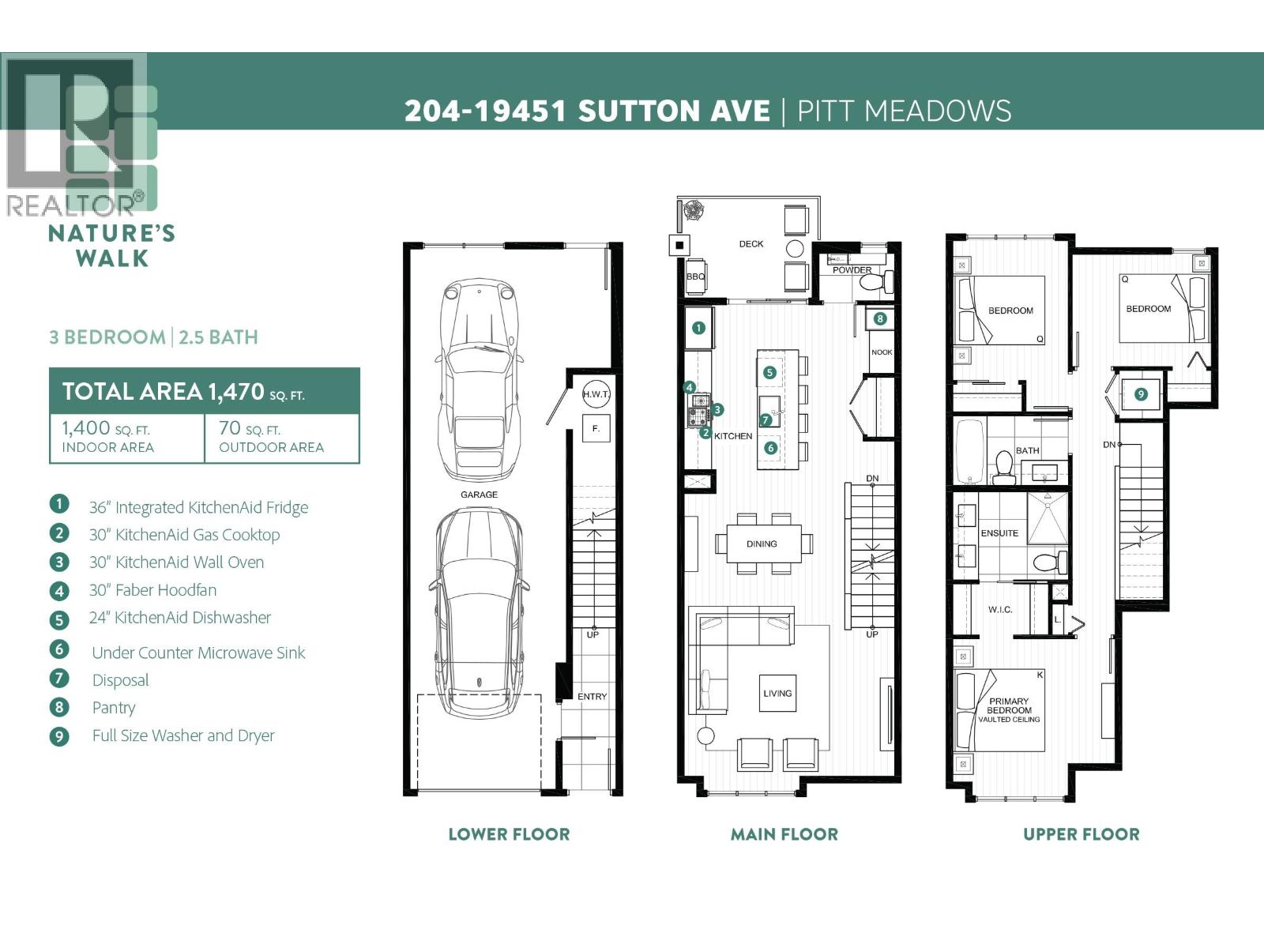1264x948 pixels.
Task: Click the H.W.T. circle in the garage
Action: click(x=596, y=394)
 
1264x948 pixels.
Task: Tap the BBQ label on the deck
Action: click(x=695, y=277)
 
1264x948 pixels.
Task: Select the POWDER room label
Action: click(x=852, y=270)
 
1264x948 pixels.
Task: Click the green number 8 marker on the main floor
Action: click(x=880, y=319)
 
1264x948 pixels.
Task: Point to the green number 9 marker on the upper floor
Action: click(x=1141, y=393)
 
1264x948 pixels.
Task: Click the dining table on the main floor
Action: click(x=762, y=544)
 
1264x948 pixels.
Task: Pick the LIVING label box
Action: click(x=777, y=694)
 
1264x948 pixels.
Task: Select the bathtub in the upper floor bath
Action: click(x=969, y=452)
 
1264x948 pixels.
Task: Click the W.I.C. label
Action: click(x=999, y=610)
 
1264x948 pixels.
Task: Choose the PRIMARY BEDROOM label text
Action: click(x=1009, y=706)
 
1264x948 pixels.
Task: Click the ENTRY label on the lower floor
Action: click(x=592, y=697)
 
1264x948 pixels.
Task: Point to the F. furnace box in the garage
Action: click(x=596, y=429)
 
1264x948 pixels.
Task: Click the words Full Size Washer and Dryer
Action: click(x=183, y=735)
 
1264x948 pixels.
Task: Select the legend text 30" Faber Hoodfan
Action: click(x=152, y=590)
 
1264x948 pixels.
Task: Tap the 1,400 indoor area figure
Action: click(x=85, y=428)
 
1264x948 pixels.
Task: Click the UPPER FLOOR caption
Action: click(x=1081, y=834)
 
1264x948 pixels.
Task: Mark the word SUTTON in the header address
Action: click(x=674, y=111)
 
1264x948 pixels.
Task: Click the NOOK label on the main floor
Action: click(x=882, y=352)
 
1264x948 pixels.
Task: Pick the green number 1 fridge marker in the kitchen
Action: click(x=698, y=328)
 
